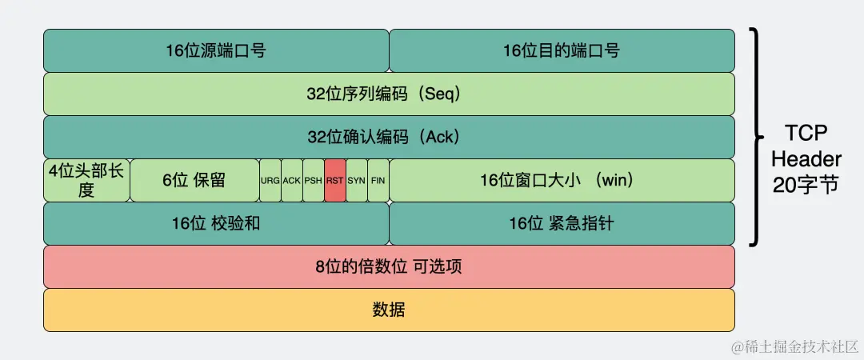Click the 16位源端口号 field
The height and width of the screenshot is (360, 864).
coord(216,50)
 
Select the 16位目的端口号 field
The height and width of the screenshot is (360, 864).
coord(562,50)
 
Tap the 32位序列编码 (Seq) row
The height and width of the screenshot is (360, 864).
coord(389,94)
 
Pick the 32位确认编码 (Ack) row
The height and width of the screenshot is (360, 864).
coord(389,137)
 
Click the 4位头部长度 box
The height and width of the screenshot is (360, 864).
coord(86,180)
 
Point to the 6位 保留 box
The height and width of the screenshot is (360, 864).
coord(194,180)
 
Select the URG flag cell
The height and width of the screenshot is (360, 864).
coord(270,180)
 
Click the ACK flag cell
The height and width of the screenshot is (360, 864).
coord(292,180)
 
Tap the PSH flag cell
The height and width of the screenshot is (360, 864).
coord(314,180)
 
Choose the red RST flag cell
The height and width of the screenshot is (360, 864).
coord(335,180)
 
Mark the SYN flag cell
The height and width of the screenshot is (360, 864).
coord(357,180)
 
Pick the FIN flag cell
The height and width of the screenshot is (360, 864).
coord(378,180)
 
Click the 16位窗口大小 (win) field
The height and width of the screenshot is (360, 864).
coord(562,180)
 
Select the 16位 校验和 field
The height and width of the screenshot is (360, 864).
coord(216,223)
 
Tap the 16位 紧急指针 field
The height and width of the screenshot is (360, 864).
coord(562,223)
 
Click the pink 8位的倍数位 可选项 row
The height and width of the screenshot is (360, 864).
coord(389,266)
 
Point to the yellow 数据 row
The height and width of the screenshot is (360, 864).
coord(389,310)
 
